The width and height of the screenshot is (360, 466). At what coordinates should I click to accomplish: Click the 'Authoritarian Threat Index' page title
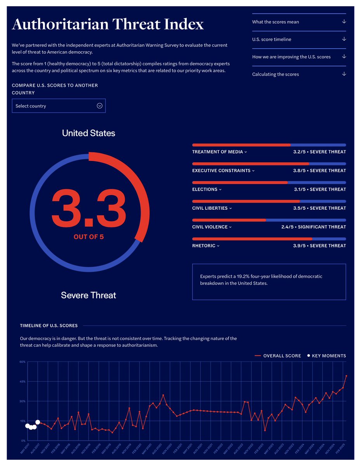108,24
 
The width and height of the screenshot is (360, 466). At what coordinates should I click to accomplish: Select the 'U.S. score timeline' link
271,39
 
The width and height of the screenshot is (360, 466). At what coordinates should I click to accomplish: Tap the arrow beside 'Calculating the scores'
344,74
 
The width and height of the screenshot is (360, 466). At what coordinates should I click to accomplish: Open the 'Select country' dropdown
59,106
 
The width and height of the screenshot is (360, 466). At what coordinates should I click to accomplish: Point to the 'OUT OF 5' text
89,236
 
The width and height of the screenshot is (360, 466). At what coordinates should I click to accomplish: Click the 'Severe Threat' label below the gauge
89,295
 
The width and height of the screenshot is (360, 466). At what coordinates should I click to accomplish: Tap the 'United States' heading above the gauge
89,133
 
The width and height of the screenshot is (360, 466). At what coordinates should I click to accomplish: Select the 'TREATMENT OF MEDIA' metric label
217,152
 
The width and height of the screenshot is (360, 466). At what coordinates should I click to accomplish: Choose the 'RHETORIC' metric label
203,245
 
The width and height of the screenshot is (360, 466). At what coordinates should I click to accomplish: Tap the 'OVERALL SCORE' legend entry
282,356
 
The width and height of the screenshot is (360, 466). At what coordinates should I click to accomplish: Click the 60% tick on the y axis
23,362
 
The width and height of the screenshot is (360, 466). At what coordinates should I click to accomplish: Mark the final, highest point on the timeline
346,376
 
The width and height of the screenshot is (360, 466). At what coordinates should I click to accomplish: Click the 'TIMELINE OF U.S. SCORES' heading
49,325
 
